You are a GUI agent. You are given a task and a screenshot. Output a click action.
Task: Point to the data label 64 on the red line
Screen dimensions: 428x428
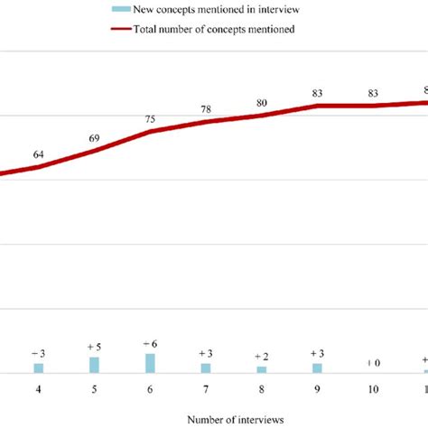coord(39,154)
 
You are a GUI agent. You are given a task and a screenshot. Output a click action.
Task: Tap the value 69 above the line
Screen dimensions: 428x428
coord(95,138)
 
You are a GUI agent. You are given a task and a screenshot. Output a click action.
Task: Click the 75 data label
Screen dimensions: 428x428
coord(150,118)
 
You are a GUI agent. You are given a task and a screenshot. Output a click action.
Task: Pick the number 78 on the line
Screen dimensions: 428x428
coord(206,109)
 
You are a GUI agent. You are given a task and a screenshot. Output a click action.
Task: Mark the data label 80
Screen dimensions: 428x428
coord(261,103)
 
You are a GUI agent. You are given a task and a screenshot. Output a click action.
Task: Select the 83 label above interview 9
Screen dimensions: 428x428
coord(317,93)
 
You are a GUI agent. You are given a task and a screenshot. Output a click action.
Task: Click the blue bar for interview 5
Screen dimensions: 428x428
coord(95,365)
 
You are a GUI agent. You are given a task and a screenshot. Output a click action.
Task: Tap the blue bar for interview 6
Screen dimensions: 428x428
coord(150,363)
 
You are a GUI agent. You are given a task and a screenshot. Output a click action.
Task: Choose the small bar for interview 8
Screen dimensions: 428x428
coord(261,369)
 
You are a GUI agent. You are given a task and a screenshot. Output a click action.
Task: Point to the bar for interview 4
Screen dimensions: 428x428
coord(39,368)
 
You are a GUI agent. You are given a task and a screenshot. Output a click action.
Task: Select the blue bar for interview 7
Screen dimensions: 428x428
coord(206,368)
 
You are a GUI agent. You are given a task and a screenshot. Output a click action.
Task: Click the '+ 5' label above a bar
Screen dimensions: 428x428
coord(95,347)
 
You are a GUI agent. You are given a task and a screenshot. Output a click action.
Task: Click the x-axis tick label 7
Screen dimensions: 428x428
coord(206,389)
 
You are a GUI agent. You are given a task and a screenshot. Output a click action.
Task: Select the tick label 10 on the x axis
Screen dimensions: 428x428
coord(373,389)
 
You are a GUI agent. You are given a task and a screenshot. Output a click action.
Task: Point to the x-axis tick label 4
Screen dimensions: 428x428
coord(39,389)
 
